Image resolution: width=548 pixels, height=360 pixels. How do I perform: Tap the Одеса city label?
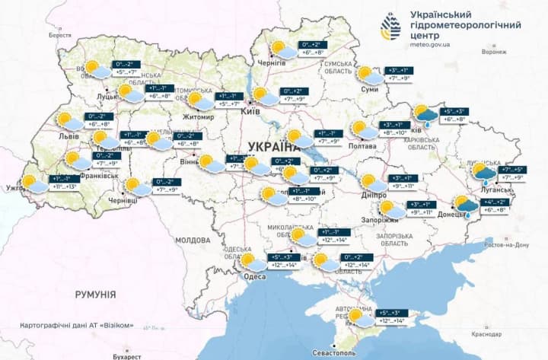(254, 276)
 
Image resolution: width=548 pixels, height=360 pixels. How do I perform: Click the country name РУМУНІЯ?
(95, 294)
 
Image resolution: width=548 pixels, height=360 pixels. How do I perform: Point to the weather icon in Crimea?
(358, 316)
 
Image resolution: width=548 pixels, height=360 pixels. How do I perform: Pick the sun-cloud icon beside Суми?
(369, 75)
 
